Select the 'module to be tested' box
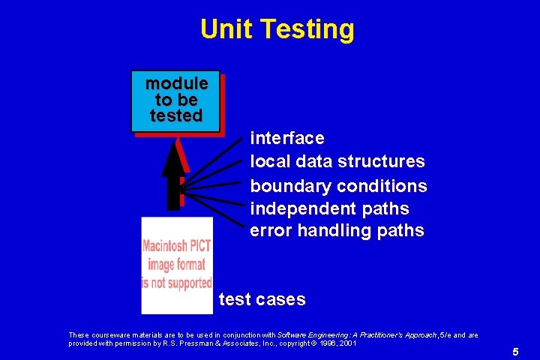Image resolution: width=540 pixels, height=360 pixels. pos(175,100)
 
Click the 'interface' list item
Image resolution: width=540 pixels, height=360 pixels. pos(287,138)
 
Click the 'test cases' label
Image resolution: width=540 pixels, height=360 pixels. pos(262,299)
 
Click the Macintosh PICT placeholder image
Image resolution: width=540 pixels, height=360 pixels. pos(177,265)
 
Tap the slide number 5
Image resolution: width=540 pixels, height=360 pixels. pos(515,351)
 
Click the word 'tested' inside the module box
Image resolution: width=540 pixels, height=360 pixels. pos(176,116)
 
